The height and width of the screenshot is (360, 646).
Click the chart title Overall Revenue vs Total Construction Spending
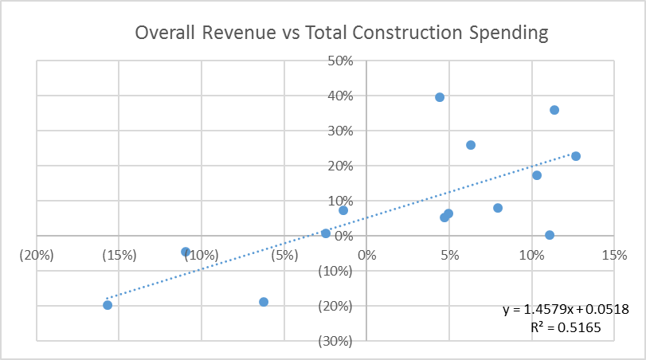[342, 33]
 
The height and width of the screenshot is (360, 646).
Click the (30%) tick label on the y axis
[337, 341]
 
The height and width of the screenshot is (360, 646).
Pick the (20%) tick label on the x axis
[37, 255]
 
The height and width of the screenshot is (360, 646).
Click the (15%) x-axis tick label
[119, 255]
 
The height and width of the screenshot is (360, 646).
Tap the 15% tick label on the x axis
[613, 255]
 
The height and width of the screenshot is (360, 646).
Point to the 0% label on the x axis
[366, 255]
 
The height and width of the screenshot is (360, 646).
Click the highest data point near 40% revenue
[440, 97]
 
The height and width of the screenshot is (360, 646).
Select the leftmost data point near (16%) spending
[108, 305]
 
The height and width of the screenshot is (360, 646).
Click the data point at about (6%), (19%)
[264, 302]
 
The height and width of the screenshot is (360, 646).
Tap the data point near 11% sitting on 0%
[550, 235]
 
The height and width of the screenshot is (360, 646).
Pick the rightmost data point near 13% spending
[576, 156]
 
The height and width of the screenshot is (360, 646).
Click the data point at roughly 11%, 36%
[554, 110]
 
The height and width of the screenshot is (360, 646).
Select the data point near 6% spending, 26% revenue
[471, 145]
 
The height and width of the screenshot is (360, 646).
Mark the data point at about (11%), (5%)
[186, 252]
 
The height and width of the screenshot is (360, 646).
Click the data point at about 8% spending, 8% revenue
[498, 208]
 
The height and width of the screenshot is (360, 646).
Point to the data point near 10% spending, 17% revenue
[537, 175]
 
